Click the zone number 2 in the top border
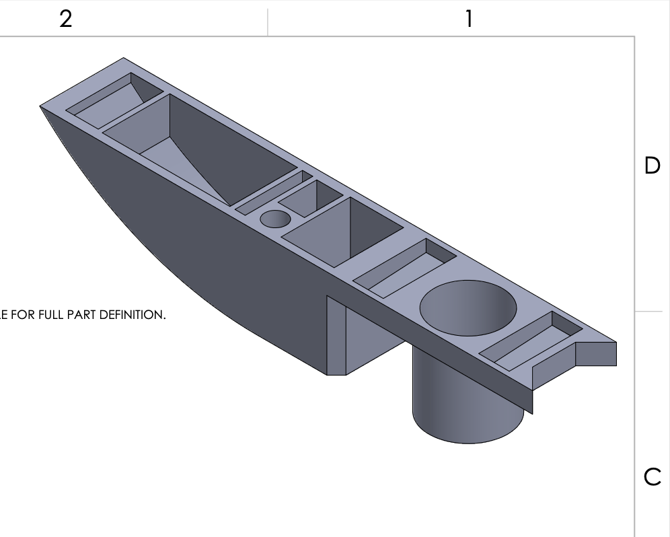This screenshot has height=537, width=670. (65, 20)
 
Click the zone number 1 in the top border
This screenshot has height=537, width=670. (469, 20)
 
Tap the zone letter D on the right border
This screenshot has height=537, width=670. (652, 166)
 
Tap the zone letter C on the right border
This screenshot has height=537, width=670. (653, 476)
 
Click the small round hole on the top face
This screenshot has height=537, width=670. (276, 219)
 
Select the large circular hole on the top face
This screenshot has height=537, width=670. (468, 308)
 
